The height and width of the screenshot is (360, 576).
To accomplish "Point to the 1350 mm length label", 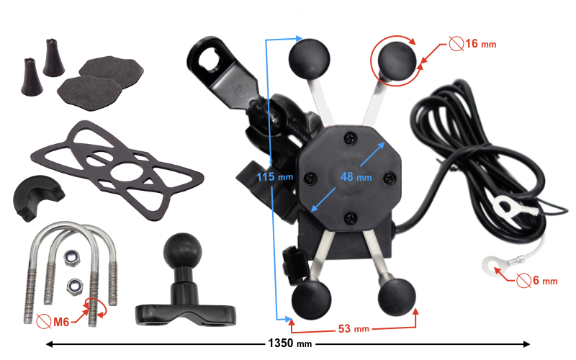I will pos(290,344).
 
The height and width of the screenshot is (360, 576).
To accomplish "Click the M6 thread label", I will pos(60,322).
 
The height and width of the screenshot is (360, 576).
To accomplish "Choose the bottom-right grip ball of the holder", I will pos(395,292).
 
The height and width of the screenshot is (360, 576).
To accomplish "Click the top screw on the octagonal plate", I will pos(351,135).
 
